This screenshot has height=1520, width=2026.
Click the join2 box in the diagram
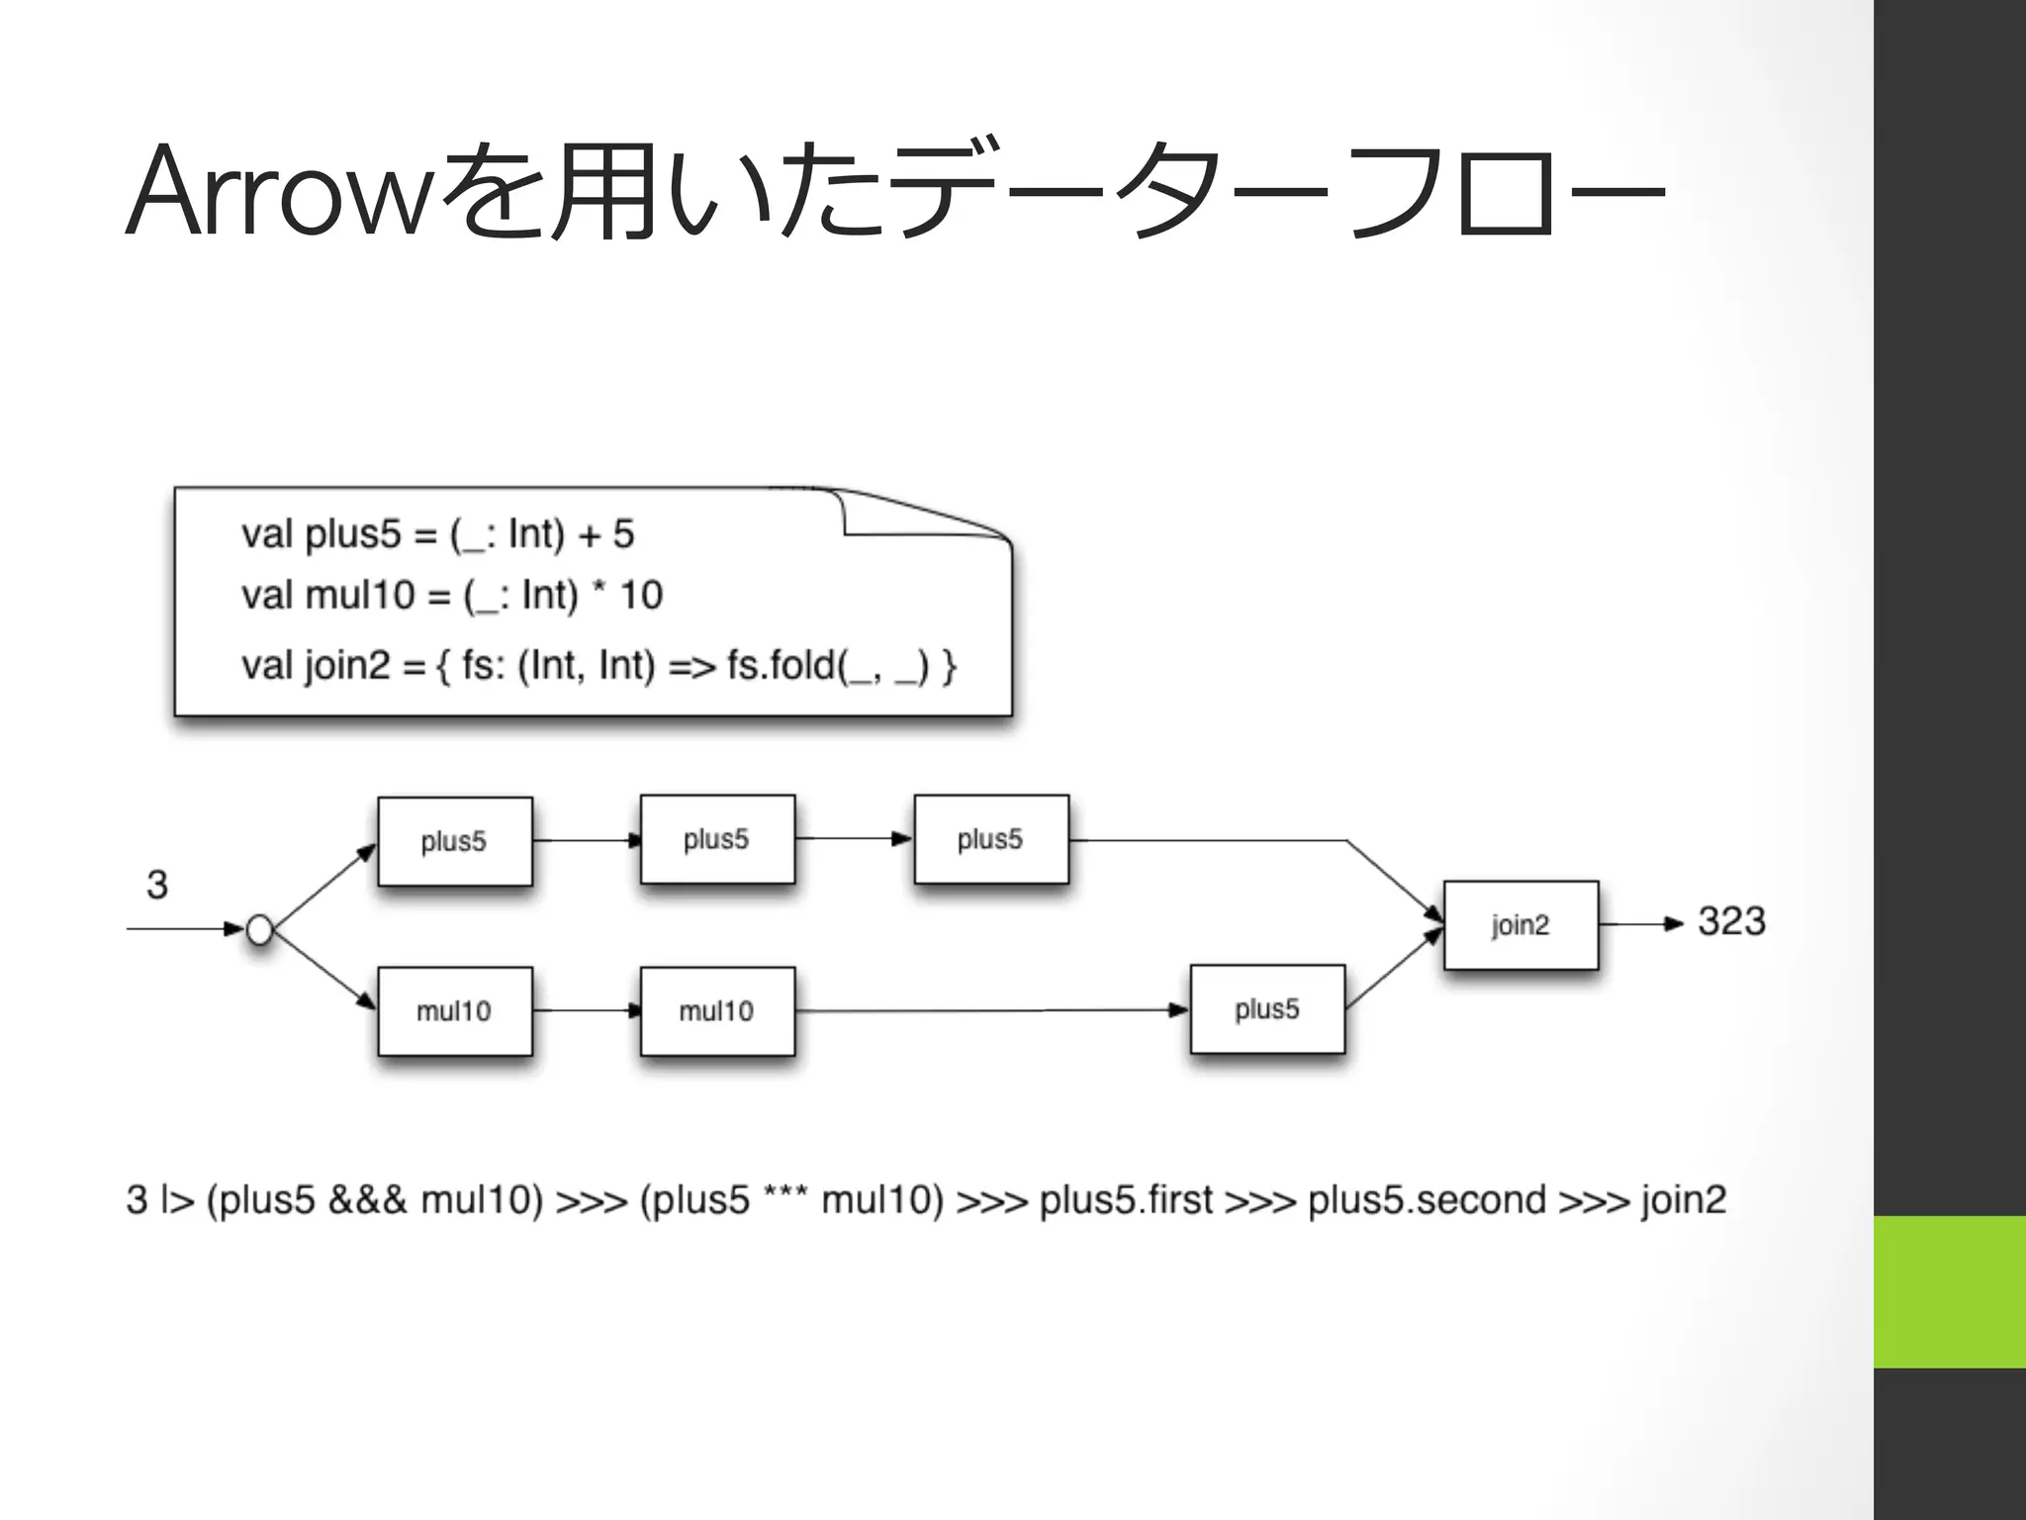pyautogui.click(x=1520, y=925)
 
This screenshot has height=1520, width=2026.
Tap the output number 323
pyautogui.click(x=1731, y=921)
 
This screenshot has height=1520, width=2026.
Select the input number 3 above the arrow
pyautogui.click(x=157, y=885)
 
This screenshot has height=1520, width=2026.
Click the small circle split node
pyautogui.click(x=259, y=930)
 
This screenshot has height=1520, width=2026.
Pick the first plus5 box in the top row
pyautogui.click(x=454, y=841)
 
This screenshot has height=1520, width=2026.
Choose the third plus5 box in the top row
pyautogui.click(x=990, y=839)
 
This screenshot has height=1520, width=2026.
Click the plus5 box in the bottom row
pyautogui.click(x=1266, y=1009)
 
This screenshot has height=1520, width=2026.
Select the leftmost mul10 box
pyautogui.click(x=454, y=1011)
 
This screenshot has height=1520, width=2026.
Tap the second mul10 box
pyautogui.click(x=716, y=1011)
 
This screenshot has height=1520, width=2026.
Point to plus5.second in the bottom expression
pyautogui.click(x=1427, y=1200)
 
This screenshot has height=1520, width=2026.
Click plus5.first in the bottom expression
pyautogui.click(x=1126, y=1200)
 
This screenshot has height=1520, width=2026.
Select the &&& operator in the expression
pyautogui.click(x=367, y=1200)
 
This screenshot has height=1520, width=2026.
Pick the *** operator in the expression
pyautogui.click(x=785, y=1195)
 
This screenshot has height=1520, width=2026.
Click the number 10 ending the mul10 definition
pyautogui.click(x=641, y=596)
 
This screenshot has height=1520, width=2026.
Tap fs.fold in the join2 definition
pyautogui.click(x=782, y=666)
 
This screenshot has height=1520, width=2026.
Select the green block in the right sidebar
pyautogui.click(x=1949, y=1291)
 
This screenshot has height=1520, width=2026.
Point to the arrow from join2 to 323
pyautogui.click(x=1640, y=924)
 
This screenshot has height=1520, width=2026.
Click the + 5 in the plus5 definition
pyautogui.click(x=606, y=534)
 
